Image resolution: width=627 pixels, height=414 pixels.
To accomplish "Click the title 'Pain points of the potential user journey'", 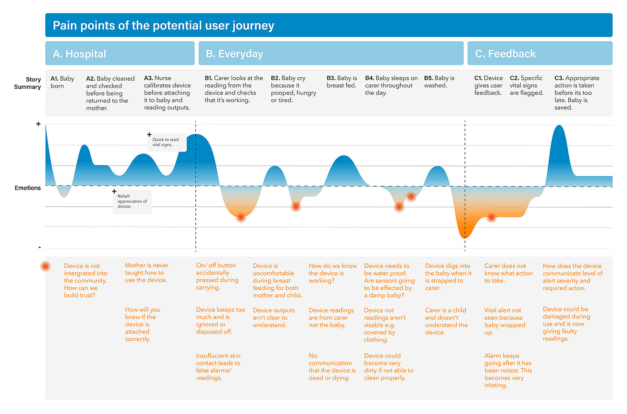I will point(163,26).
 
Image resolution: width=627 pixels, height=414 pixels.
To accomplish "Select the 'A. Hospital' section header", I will point(79,54).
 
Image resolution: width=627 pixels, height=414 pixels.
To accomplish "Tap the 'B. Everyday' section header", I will point(234,54).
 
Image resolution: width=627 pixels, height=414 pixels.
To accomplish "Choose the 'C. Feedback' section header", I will point(505,54).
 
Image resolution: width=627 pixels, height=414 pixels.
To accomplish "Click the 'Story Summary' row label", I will point(28,83).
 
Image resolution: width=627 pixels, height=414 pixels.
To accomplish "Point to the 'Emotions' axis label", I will point(28,188).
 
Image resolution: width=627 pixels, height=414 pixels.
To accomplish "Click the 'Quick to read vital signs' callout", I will point(166,142).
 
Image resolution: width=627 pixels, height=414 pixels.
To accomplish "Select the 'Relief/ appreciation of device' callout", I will point(132,201).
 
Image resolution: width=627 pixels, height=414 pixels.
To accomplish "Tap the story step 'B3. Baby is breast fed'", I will point(342,82).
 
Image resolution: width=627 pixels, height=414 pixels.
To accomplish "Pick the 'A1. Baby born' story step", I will point(62,82).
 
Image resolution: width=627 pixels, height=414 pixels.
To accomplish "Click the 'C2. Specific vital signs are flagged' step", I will point(527,85).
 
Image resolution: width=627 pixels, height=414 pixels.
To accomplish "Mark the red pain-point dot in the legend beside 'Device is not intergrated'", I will point(45,266).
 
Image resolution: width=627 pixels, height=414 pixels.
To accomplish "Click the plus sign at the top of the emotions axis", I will point(39,124).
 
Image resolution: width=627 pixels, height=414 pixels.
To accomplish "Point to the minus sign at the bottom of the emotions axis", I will point(39,247).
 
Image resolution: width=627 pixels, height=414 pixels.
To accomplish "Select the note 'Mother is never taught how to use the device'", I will point(146,273).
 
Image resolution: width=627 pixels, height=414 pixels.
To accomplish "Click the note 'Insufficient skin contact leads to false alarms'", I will point(218,367).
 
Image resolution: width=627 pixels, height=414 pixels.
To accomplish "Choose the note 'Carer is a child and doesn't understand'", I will point(446,321).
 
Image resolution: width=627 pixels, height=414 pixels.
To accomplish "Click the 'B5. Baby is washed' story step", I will point(439,82).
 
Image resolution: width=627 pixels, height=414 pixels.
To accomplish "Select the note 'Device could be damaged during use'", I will point(566,324).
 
